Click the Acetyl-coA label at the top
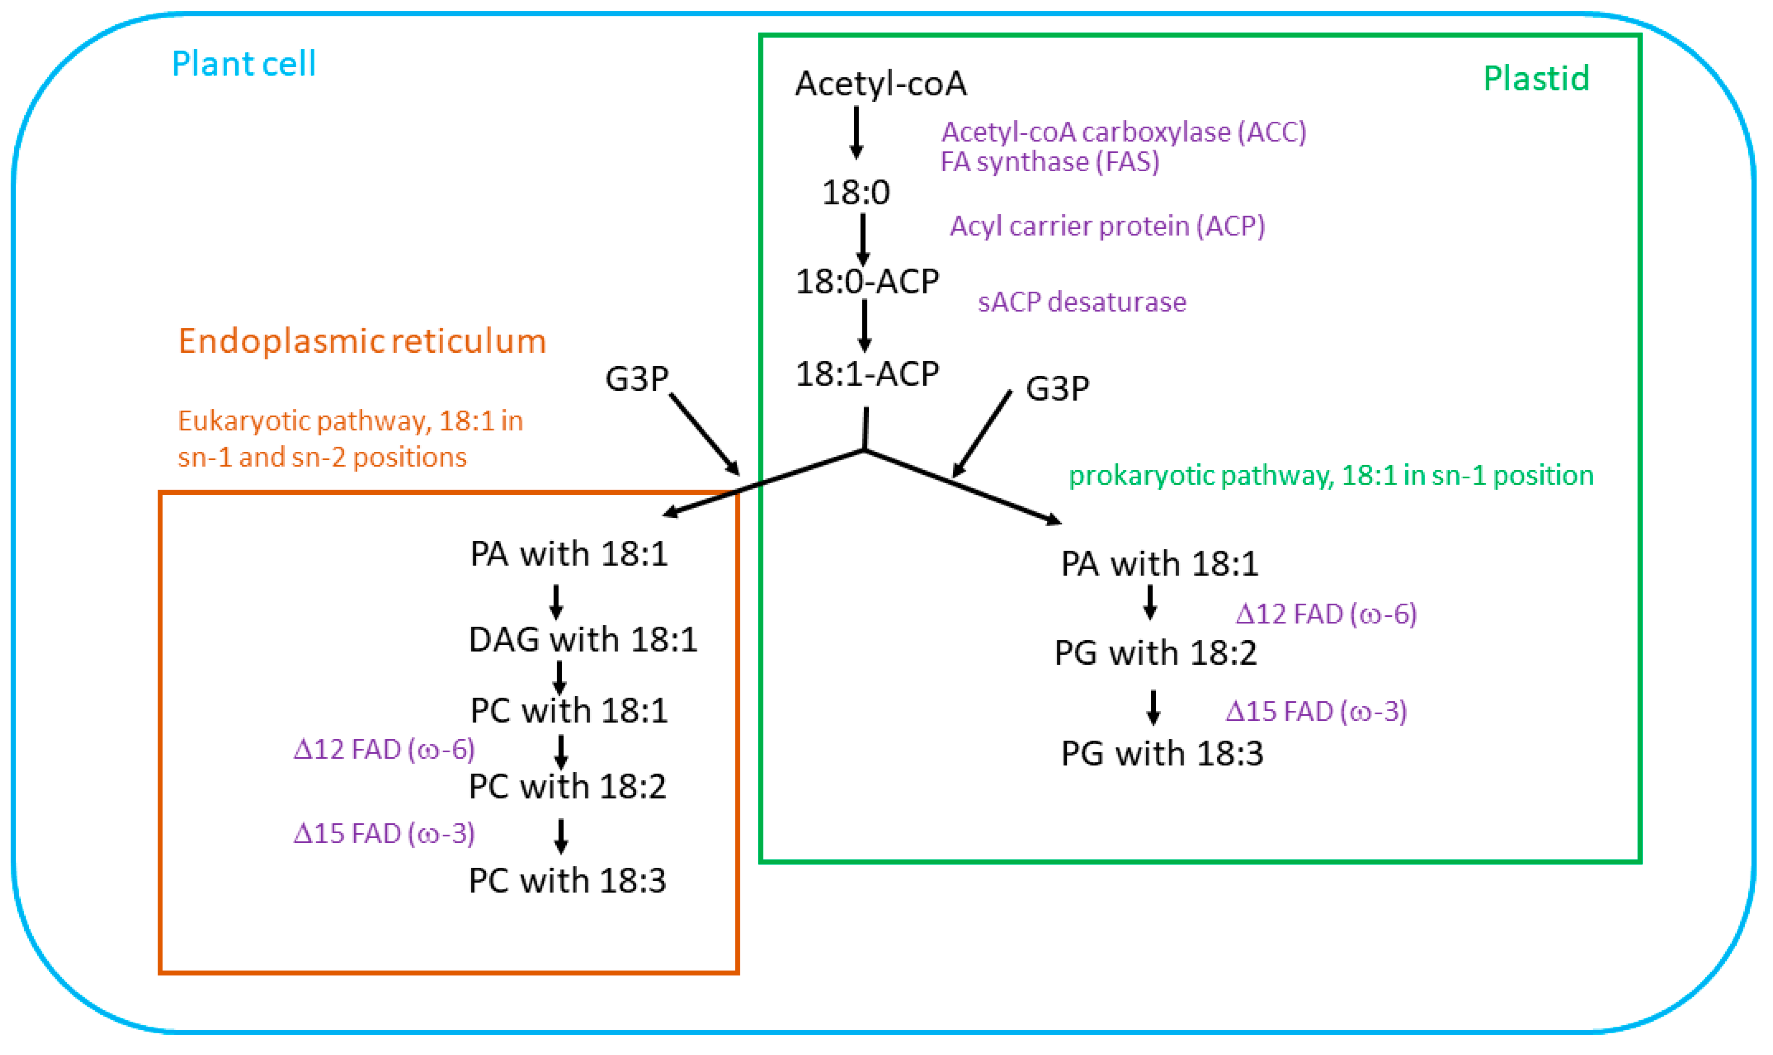880,84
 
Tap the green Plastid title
1536,78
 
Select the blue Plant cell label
244,64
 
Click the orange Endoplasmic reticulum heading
362,341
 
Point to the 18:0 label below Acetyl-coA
856,193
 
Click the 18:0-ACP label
867,281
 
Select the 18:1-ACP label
867,374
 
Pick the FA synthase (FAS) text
1050,162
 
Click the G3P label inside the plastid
1057,388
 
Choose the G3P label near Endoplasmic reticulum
636,378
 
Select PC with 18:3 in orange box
568,881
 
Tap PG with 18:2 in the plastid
1155,653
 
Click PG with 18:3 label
1161,754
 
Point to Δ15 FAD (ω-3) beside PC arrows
384,833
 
